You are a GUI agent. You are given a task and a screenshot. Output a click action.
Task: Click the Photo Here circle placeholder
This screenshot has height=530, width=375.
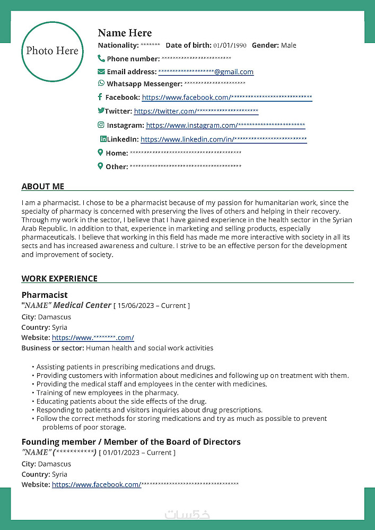click(x=52, y=51)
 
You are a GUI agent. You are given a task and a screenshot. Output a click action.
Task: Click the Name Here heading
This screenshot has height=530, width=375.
click(x=125, y=33)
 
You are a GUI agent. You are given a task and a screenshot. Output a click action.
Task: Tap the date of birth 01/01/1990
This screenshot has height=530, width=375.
click(x=230, y=46)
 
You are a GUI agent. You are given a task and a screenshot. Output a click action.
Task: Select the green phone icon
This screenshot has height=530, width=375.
click(x=101, y=58)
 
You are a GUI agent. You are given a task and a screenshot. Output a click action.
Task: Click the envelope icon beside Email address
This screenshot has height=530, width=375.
click(x=101, y=71)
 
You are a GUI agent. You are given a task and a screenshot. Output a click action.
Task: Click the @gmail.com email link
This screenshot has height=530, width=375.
click(x=206, y=72)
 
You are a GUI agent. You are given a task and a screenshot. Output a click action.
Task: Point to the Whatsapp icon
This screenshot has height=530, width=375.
click(x=101, y=83)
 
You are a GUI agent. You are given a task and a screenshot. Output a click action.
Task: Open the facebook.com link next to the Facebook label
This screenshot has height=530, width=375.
click(x=226, y=98)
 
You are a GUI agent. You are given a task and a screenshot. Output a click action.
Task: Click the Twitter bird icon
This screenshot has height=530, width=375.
click(x=101, y=111)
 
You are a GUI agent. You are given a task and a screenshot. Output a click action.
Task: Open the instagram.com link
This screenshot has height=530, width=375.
click(x=225, y=126)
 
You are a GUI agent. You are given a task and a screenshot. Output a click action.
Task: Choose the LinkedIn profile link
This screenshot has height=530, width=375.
click(x=223, y=139)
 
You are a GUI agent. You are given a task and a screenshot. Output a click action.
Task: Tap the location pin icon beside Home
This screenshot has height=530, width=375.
click(x=100, y=153)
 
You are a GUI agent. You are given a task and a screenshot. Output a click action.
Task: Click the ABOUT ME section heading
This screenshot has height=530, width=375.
click(x=43, y=187)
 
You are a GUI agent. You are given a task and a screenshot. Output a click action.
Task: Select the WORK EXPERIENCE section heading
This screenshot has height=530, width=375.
click(x=59, y=279)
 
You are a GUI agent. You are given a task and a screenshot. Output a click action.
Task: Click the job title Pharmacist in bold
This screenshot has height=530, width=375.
click(x=45, y=295)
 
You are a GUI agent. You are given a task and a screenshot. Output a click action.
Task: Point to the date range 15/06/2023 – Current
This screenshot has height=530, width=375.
click(x=152, y=306)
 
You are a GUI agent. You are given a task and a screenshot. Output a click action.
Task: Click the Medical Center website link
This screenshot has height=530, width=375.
click(x=93, y=338)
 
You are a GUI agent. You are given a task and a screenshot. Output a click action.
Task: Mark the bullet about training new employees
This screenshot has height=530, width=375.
click(x=107, y=393)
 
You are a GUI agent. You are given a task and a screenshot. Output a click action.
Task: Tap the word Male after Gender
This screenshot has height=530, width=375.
click(x=289, y=46)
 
